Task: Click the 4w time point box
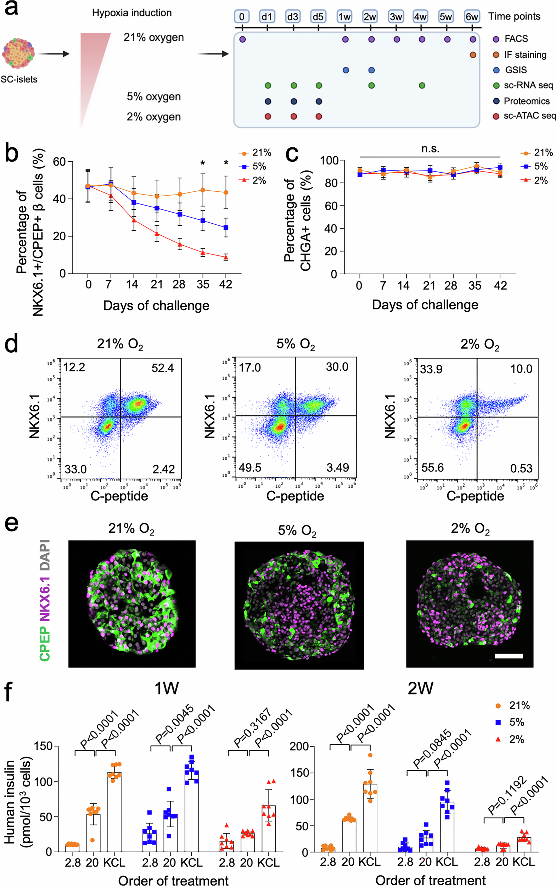point(421,17)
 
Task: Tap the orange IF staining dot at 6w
point(473,55)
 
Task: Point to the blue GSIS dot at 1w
point(346,70)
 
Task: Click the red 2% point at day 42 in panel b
point(226,257)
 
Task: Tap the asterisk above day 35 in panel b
point(203,163)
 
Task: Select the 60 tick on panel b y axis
point(59,162)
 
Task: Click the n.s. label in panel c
point(430,148)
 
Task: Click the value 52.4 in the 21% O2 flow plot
point(163,368)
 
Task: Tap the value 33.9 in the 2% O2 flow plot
point(431,369)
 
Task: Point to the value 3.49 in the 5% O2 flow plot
point(338,467)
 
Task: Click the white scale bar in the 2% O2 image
point(509,656)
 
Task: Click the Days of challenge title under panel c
point(425,304)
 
